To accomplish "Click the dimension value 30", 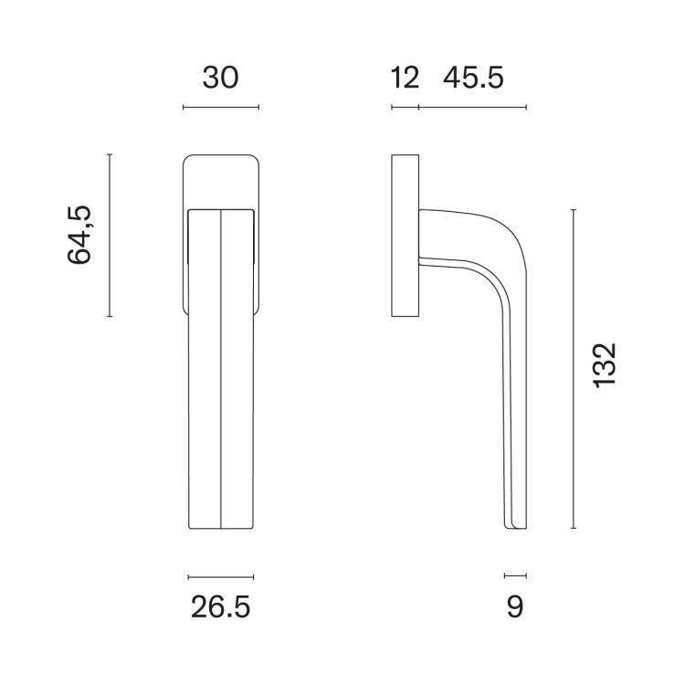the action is [221, 78].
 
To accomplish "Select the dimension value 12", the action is [405, 78].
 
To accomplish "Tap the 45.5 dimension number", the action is [473, 78].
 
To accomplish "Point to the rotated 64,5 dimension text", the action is [79, 235].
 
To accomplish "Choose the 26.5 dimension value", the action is [221, 606].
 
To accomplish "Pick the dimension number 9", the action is [515, 606].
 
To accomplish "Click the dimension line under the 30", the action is [221, 107].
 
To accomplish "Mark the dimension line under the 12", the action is [405, 107].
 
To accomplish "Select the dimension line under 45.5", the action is [473, 107].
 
